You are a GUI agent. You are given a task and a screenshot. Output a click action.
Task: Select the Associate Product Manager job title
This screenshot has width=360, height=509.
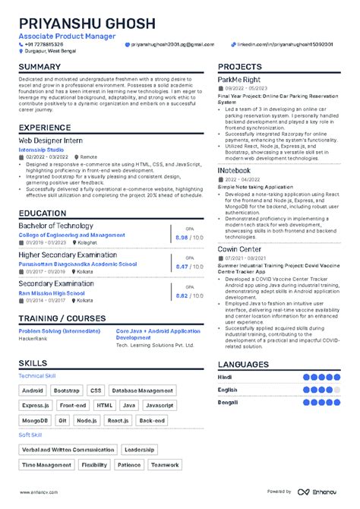67,36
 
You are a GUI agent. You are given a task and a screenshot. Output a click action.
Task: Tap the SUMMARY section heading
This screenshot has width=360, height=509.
39,67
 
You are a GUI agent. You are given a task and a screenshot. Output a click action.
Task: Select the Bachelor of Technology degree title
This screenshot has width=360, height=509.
55,226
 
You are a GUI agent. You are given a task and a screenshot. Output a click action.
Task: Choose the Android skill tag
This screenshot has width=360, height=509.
33,390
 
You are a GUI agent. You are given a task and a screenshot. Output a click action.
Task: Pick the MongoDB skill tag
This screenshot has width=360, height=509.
34,420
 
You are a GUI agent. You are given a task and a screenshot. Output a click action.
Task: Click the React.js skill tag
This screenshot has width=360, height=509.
118,420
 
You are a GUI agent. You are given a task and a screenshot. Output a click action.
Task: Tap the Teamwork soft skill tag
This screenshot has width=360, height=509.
165,464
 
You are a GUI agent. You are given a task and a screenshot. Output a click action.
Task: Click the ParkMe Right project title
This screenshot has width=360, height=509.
240,80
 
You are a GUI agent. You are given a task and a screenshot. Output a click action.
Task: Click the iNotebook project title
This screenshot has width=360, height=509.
234,170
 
